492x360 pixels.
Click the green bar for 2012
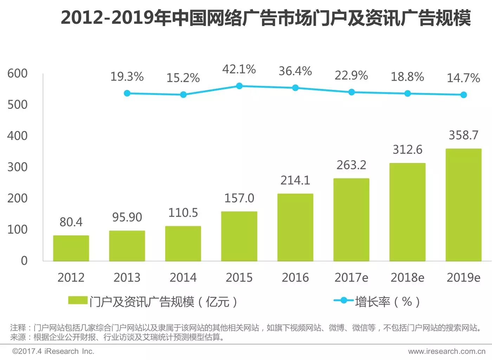click(x=71, y=248)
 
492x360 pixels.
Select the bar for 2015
click(x=239, y=236)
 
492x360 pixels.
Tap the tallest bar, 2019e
click(x=464, y=205)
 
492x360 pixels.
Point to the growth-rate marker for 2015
click(x=239, y=86)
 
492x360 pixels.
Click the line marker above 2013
click(x=127, y=93)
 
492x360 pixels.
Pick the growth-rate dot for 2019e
click(x=464, y=95)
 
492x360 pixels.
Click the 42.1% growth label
click(x=239, y=69)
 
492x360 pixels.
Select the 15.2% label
click(x=183, y=78)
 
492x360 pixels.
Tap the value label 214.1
click(x=295, y=180)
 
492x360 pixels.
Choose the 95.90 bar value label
click(x=127, y=217)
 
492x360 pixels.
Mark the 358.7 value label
click(x=464, y=135)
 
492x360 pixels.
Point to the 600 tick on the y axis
click(x=17, y=73)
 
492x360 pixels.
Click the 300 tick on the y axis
click(x=17, y=167)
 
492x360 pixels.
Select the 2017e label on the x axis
click(x=351, y=278)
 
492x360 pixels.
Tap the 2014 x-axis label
click(x=183, y=278)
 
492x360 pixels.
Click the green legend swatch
click(x=78, y=301)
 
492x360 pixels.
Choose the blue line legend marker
click(x=344, y=301)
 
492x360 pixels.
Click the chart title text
click(x=266, y=18)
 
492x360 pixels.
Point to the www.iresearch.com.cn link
click(x=447, y=351)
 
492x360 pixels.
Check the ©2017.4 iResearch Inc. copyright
click(x=53, y=351)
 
